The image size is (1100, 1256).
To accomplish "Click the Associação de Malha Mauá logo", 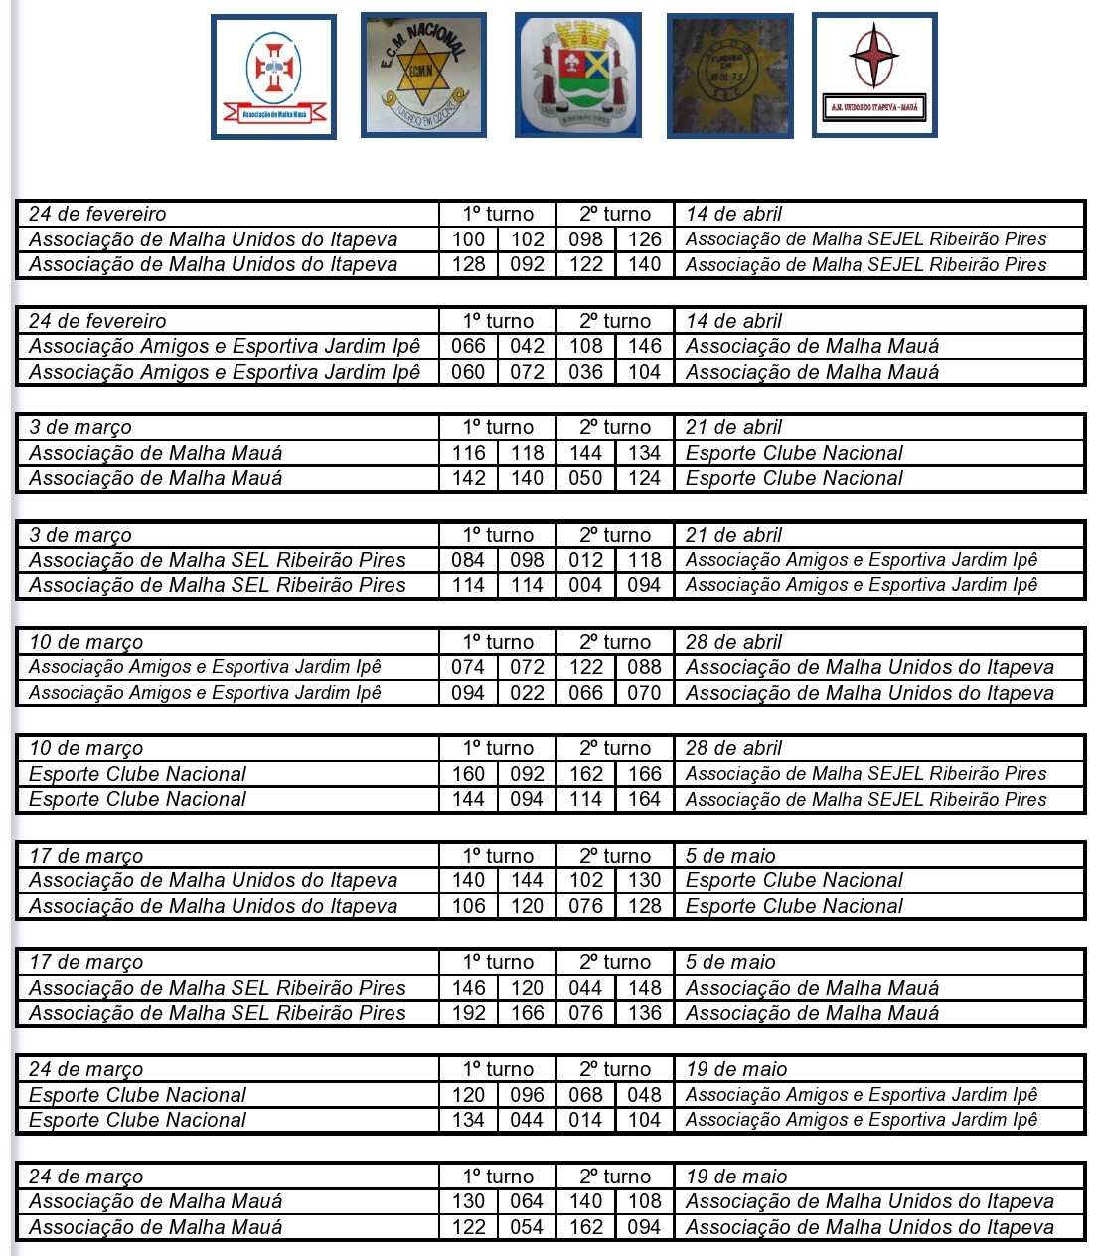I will click(x=273, y=77).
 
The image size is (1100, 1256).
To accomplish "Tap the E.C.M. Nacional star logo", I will click(x=423, y=75).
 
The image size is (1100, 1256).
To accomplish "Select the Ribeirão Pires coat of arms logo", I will click(x=578, y=75).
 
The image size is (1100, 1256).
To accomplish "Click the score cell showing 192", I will click(x=468, y=1013).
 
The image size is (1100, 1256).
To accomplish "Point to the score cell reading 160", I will click(x=468, y=774).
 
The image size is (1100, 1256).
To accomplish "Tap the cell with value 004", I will click(x=585, y=585).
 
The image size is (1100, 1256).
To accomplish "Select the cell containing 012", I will click(x=585, y=560).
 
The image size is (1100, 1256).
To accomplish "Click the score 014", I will click(x=585, y=1120).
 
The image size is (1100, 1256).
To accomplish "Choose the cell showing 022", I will click(x=527, y=693).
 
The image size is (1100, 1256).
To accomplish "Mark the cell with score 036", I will click(x=585, y=372).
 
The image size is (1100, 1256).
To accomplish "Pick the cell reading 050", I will click(x=585, y=478).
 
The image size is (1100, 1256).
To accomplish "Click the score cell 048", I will click(x=644, y=1095).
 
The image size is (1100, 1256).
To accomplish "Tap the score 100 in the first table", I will click(x=468, y=239).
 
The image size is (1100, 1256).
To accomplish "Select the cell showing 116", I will click(x=468, y=453).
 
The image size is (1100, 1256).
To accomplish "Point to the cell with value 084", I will click(x=468, y=560).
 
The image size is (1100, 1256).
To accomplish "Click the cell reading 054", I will click(x=527, y=1227).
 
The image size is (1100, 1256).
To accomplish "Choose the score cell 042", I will click(x=527, y=346).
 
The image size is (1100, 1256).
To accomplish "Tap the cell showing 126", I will click(x=644, y=239).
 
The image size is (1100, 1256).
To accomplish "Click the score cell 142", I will click(x=468, y=478).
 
